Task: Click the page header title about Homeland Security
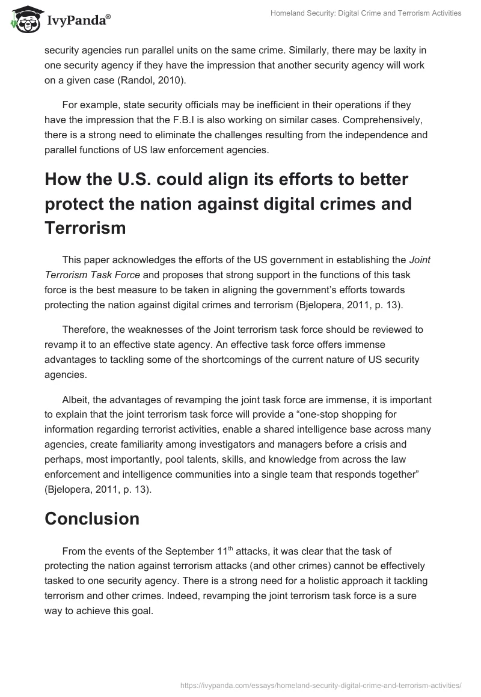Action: pyautogui.click(x=358, y=13)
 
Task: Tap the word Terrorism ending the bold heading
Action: pyautogui.click(x=85, y=228)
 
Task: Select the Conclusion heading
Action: pyautogui.click(x=92, y=519)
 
